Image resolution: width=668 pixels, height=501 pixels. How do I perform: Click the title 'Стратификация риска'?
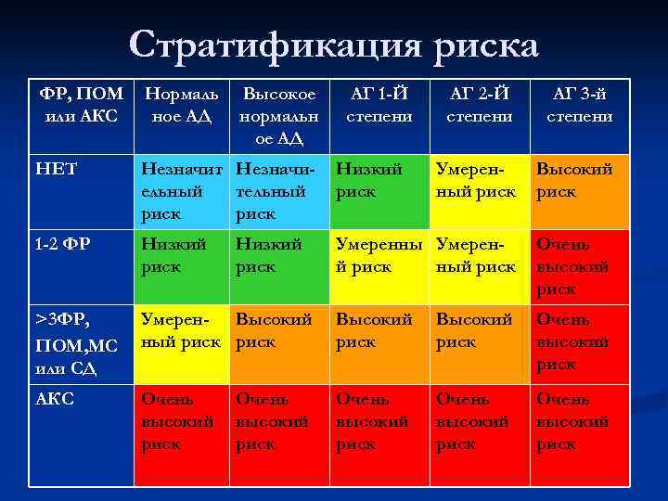click(x=334, y=45)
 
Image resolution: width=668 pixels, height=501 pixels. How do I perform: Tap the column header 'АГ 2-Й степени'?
click(x=479, y=105)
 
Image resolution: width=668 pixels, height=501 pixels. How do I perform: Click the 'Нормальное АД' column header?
click(x=182, y=105)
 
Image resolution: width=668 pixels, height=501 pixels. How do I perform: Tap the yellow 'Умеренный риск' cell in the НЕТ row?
click(x=479, y=191)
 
